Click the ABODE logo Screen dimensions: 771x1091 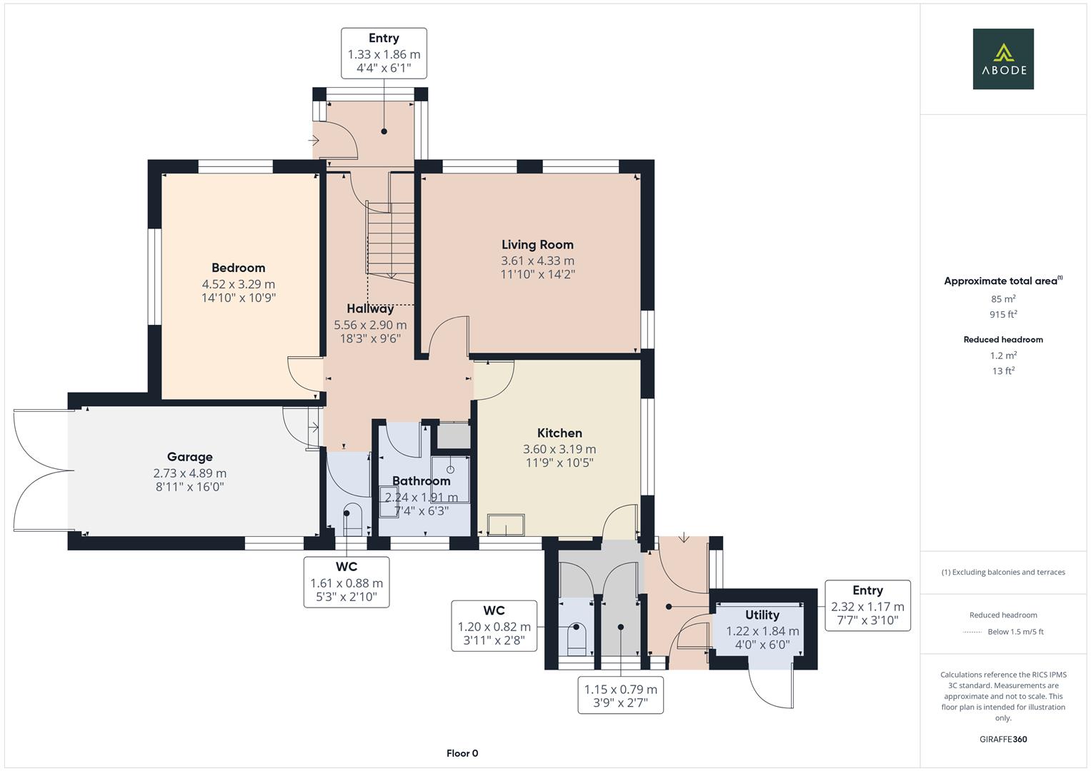(1002, 59)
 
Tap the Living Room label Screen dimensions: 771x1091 (537, 245)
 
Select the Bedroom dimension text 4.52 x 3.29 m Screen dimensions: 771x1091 (238, 283)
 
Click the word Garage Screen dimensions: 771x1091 (189, 457)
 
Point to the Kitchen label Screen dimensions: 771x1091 (559, 433)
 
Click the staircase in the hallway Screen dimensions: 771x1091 (391, 239)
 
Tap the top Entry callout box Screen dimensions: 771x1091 (384, 54)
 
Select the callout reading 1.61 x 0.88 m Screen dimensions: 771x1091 (347, 583)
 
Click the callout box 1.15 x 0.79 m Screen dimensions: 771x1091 (620, 696)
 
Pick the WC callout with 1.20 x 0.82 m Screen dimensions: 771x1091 (494, 625)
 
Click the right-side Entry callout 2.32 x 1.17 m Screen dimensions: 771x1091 (867, 605)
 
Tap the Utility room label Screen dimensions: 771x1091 (762, 615)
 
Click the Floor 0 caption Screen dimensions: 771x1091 (462, 753)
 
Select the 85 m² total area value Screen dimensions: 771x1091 (1003, 299)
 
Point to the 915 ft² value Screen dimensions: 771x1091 (1003, 314)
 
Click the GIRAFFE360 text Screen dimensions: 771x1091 (1003, 739)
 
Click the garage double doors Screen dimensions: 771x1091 (41, 470)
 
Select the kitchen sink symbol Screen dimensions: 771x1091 (505, 525)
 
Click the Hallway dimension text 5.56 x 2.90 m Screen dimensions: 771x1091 (370, 325)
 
